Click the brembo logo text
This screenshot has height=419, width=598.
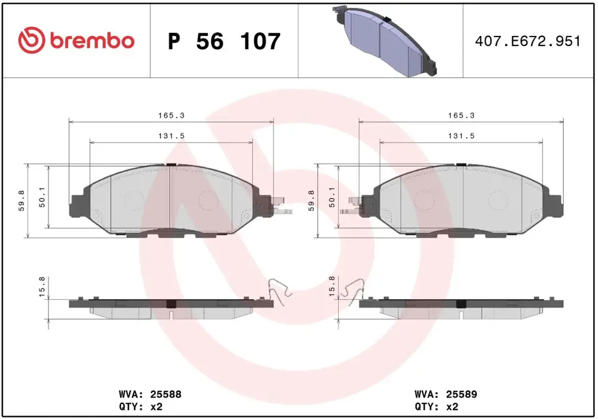pyautogui.click(x=92, y=41)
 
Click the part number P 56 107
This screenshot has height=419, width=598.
pyautogui.click(x=224, y=41)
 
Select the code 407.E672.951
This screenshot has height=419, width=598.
pyautogui.click(x=528, y=41)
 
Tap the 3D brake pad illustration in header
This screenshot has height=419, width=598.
pyautogui.click(x=385, y=41)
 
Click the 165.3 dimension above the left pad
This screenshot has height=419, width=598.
pyautogui.click(x=172, y=116)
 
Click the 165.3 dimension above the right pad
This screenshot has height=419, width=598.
pyautogui.click(x=462, y=116)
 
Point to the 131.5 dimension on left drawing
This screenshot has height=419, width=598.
pyautogui.click(x=172, y=136)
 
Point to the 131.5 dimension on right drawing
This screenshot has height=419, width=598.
pyautogui.click(x=462, y=136)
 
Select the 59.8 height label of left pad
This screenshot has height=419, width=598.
pyautogui.click(x=22, y=201)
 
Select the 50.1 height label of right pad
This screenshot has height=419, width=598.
pyautogui.click(x=332, y=198)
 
